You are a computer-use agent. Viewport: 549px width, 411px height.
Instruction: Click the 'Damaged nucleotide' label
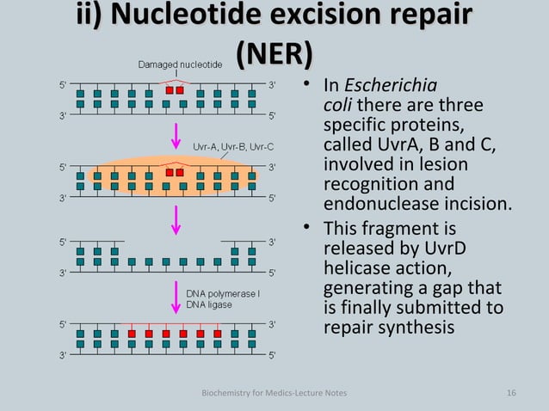[x=181, y=64]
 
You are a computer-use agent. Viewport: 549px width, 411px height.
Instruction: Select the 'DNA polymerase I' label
[x=223, y=292]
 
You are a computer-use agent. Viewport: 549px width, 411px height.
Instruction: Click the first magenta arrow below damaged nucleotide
[x=176, y=134]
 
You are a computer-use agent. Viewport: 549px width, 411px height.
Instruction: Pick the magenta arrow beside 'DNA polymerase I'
[x=176, y=299]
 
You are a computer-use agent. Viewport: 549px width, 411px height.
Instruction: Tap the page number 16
[x=511, y=393]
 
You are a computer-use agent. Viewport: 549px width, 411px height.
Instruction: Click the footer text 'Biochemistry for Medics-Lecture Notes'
[x=274, y=393]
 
